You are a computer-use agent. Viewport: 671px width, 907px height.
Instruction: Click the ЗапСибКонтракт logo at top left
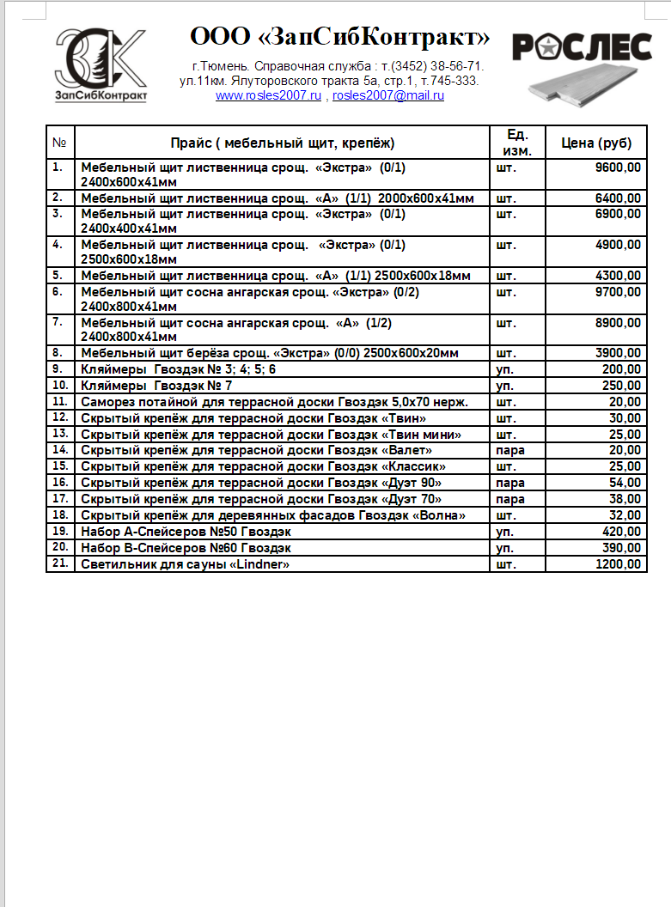[x=101, y=65]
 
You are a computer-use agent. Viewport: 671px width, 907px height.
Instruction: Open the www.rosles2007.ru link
[x=268, y=95]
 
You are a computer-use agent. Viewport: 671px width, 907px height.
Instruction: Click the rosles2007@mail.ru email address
[x=388, y=95]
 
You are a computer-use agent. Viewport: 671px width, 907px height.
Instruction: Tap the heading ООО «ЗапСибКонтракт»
[x=339, y=38]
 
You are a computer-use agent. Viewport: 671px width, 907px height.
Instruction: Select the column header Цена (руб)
[x=596, y=143]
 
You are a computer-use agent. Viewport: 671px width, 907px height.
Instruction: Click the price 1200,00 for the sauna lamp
[x=618, y=564]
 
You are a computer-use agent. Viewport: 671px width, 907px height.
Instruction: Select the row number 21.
[x=59, y=563]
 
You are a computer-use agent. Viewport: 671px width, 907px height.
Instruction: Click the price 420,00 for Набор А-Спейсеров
[x=621, y=532]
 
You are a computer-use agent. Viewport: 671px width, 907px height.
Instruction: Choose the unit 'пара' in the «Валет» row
[x=510, y=449]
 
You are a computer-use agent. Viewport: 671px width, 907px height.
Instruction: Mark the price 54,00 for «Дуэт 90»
[x=625, y=483]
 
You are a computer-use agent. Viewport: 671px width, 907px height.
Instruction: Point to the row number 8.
[x=58, y=352]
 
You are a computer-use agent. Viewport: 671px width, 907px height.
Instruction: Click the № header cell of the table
[x=60, y=143]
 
